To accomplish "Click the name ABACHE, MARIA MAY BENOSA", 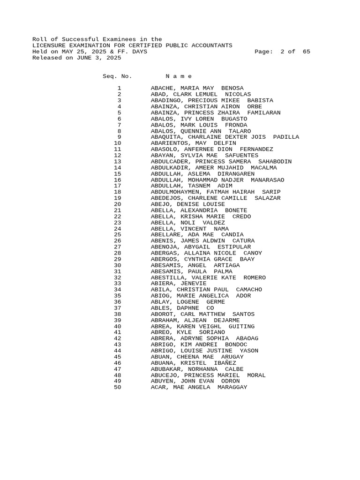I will [197, 88].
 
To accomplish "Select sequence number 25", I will [117, 234].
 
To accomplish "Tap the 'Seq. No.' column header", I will [117, 76].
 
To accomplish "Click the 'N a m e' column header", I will [179, 76].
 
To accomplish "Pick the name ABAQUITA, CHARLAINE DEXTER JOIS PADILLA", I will [225, 137].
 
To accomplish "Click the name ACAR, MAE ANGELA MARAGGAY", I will [199, 387].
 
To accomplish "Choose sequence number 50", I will [117, 387].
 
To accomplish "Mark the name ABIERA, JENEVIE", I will [178, 283].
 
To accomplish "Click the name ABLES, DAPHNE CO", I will [182, 308].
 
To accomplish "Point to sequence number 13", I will [117, 161].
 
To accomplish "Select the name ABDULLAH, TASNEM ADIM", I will [191, 186].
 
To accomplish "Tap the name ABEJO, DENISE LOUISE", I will [187, 204].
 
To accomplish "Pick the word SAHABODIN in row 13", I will [275, 161].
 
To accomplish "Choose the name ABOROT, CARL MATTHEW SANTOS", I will [202, 314].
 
